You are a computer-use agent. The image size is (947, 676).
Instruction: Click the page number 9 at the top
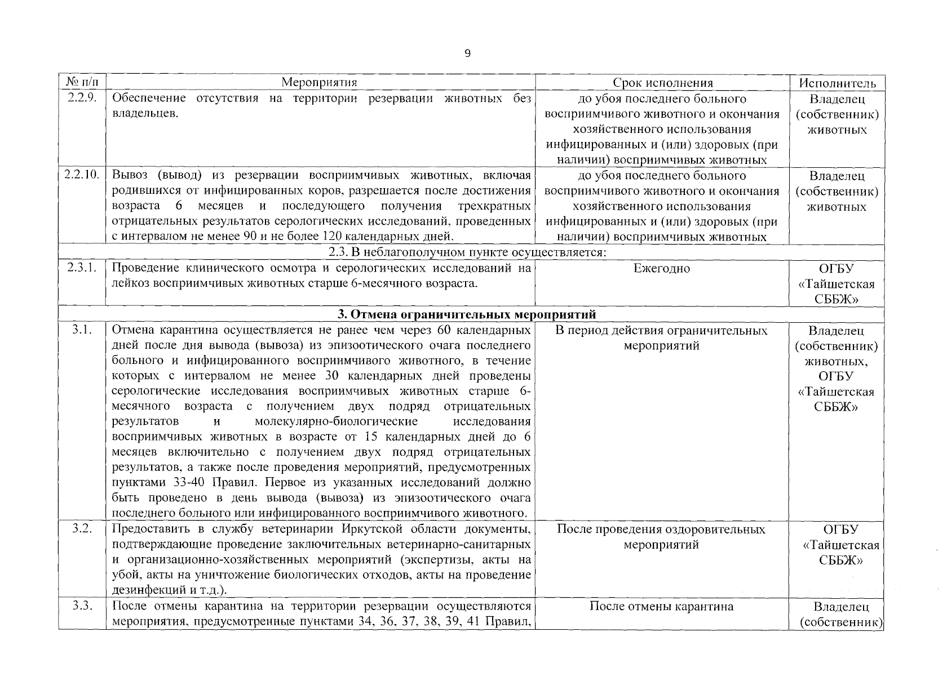(x=467, y=54)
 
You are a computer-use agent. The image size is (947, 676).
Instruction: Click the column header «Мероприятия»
(x=320, y=83)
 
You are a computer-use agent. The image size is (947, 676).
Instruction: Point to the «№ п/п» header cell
(x=82, y=83)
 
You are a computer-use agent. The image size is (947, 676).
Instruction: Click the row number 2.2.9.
(x=82, y=99)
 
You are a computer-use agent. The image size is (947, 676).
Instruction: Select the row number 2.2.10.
(x=82, y=175)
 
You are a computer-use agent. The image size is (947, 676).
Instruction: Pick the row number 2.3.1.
(x=82, y=268)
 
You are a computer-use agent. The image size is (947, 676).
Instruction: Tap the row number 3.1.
(x=82, y=330)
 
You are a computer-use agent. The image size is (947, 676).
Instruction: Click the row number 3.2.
(x=82, y=529)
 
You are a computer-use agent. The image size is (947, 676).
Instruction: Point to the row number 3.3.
(x=82, y=606)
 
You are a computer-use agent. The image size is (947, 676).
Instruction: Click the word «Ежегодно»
(x=662, y=269)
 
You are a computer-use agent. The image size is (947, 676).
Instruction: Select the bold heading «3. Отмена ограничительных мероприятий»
(x=466, y=314)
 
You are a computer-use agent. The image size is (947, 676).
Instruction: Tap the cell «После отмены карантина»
(x=661, y=607)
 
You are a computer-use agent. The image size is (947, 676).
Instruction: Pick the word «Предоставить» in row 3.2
(x=150, y=530)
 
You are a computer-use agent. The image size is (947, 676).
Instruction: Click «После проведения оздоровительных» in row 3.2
(x=661, y=530)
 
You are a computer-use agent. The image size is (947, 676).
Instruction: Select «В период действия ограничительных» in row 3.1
(x=661, y=330)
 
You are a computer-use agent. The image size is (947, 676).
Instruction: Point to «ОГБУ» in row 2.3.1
(x=837, y=269)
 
